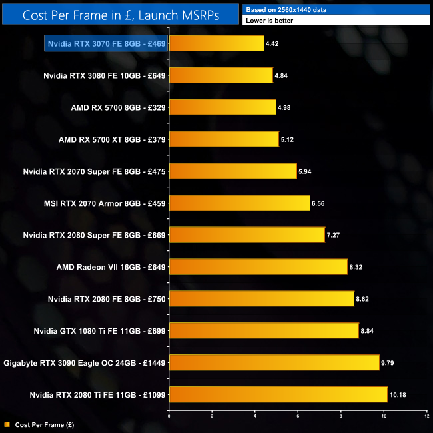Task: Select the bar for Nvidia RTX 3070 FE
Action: (217, 43)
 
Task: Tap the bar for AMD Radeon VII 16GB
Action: (258, 267)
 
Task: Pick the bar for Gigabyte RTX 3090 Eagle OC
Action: (274, 363)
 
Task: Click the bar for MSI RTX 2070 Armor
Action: (239, 203)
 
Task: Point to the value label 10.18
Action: (398, 395)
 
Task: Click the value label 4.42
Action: (273, 43)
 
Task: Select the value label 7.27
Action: (334, 235)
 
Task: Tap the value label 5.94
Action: (306, 171)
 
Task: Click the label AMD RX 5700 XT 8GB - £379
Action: (112, 139)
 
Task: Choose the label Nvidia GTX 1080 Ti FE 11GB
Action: (100, 331)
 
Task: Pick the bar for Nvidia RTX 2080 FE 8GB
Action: (261, 299)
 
